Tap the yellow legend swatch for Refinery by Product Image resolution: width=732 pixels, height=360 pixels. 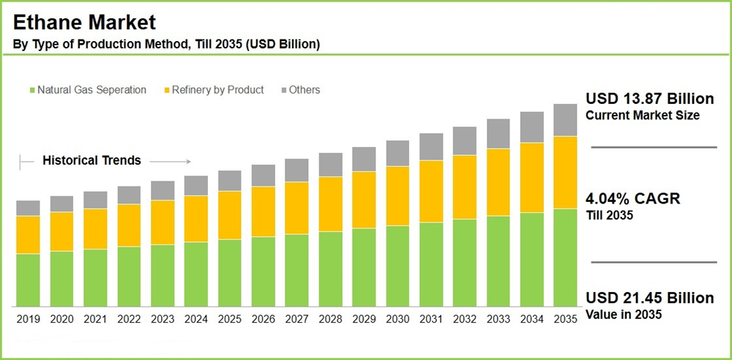[167, 90]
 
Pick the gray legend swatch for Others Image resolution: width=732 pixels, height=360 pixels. [283, 90]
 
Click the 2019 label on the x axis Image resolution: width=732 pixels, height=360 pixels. [28, 319]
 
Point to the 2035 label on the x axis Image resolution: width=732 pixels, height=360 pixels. [565, 319]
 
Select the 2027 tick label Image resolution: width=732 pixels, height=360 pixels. [296, 319]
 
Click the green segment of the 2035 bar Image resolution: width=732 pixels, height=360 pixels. [565, 258]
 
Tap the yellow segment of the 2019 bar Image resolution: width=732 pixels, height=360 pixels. [28, 235]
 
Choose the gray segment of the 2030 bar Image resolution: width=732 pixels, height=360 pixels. [397, 153]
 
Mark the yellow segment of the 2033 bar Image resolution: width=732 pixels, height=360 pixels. [498, 182]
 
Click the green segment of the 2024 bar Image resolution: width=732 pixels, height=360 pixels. [196, 274]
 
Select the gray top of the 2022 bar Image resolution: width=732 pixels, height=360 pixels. [129, 195]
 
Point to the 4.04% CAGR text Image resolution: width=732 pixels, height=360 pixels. [633, 199]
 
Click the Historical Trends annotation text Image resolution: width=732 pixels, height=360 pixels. [91, 160]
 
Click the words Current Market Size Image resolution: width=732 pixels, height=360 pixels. [643, 116]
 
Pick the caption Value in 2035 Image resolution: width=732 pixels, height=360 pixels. [623, 315]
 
